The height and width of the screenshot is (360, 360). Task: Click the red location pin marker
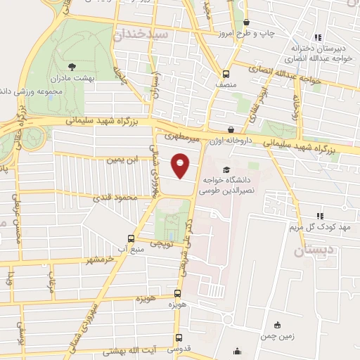pyautogui.click(x=181, y=165)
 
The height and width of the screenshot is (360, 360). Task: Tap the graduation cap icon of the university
pyautogui.click(x=226, y=169)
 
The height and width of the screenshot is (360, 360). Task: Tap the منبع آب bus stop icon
pyautogui.click(x=130, y=238)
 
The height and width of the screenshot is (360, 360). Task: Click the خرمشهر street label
pyautogui.click(x=98, y=261)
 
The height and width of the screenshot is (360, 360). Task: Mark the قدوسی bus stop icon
pyautogui.click(x=179, y=338)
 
